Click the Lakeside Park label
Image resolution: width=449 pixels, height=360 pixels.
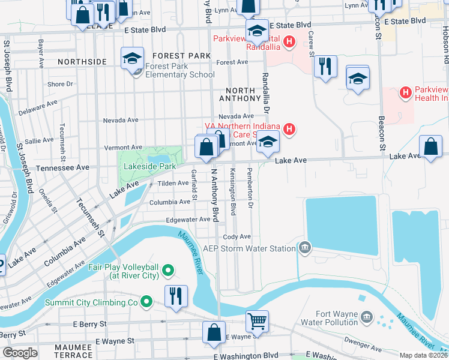pyautogui.click(x=149, y=166)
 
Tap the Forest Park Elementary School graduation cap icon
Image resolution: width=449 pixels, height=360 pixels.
pyautogui.click(x=132, y=58)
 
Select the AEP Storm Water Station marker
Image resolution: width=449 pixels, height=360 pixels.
pyautogui.click(x=305, y=248)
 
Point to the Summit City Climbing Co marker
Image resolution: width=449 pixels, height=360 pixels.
pyautogui.click(x=146, y=301)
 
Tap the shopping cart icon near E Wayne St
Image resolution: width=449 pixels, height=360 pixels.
pyautogui.click(x=257, y=321)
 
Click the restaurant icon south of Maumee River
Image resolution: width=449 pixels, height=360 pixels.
pyautogui.click(x=176, y=296)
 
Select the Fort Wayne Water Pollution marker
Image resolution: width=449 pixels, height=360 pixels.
pyautogui.click(x=366, y=316)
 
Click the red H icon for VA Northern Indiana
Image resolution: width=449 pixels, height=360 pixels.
pyautogui.click(x=289, y=129)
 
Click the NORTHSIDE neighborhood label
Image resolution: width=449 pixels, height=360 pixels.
pyautogui.click(x=82, y=61)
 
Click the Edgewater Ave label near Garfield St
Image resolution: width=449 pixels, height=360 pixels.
pyautogui.click(x=188, y=220)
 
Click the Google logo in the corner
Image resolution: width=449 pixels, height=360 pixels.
pyautogui.click(x=20, y=353)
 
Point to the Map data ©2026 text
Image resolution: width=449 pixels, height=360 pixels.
pyautogui.click(x=423, y=355)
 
